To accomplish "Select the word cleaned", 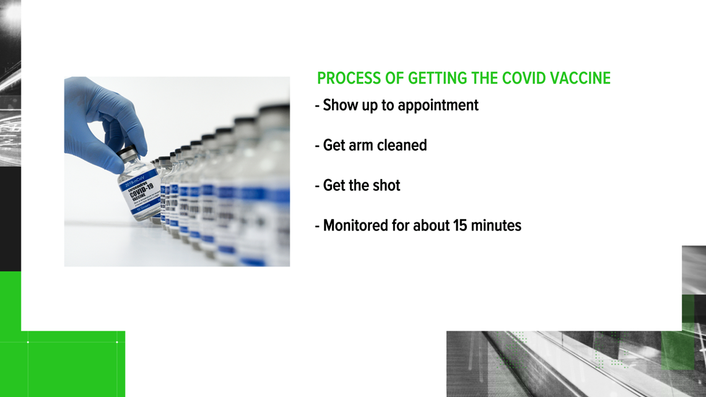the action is (402, 145).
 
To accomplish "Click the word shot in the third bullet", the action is (386, 185).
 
